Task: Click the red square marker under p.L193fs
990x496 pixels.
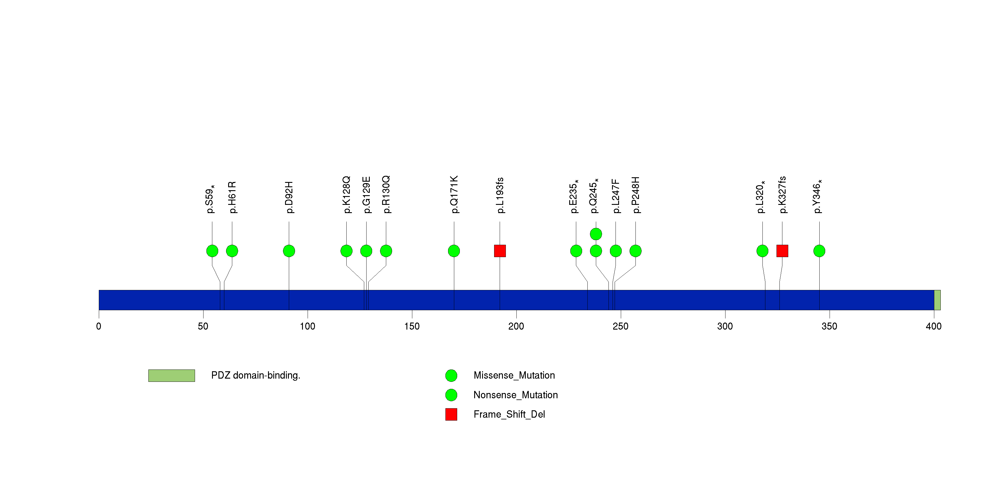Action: (x=500, y=251)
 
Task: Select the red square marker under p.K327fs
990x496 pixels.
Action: (x=782, y=251)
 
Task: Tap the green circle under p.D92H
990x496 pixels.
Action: (x=289, y=251)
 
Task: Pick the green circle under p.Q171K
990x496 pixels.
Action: (x=454, y=251)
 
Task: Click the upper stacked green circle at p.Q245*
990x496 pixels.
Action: (x=596, y=234)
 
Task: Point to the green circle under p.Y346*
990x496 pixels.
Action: (x=819, y=251)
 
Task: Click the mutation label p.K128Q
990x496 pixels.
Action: (x=347, y=195)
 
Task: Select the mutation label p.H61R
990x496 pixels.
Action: (x=232, y=197)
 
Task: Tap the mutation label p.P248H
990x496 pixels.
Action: (x=636, y=195)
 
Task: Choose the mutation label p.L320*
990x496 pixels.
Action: (x=761, y=197)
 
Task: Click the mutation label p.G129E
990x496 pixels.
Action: (x=367, y=195)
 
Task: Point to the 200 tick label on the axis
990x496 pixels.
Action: (x=516, y=326)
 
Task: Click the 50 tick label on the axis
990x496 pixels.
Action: (x=203, y=326)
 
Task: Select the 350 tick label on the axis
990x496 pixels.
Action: (x=829, y=326)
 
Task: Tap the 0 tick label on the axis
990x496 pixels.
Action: (x=99, y=326)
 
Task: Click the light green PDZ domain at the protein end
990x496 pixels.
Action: (x=937, y=300)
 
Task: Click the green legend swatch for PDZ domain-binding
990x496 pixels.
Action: (x=172, y=376)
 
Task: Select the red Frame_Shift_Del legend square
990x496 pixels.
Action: (x=451, y=414)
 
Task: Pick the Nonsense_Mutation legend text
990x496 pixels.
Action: (x=515, y=395)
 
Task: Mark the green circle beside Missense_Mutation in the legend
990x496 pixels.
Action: (x=451, y=376)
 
